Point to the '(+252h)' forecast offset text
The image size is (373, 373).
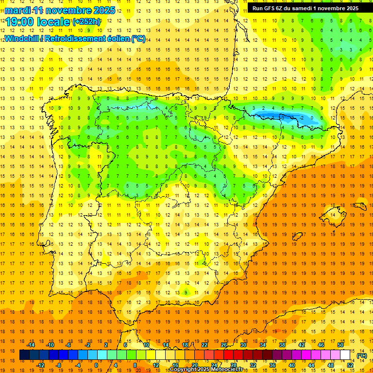point(86,22)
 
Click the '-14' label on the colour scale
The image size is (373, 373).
point(31,345)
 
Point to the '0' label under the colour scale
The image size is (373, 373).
point(96,365)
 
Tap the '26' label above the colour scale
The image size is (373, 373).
point(223,345)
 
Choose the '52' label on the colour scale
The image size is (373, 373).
point(350,365)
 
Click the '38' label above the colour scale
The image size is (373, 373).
point(282,345)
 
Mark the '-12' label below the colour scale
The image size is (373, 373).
point(41,365)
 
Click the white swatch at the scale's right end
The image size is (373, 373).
point(345,355)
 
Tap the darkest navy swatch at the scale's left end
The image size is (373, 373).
point(24,355)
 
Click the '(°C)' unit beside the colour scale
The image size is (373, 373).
point(361,356)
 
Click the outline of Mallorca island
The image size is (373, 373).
point(334,212)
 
